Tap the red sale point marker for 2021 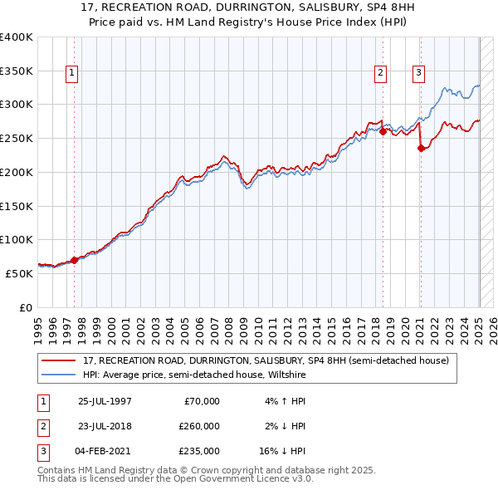click(x=421, y=149)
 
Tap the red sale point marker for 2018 click(x=383, y=131)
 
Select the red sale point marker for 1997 click(x=74, y=260)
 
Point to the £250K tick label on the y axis click(x=16, y=138)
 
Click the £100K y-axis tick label click(x=16, y=239)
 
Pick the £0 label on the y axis click(x=25, y=307)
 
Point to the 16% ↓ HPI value click(x=282, y=451)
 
